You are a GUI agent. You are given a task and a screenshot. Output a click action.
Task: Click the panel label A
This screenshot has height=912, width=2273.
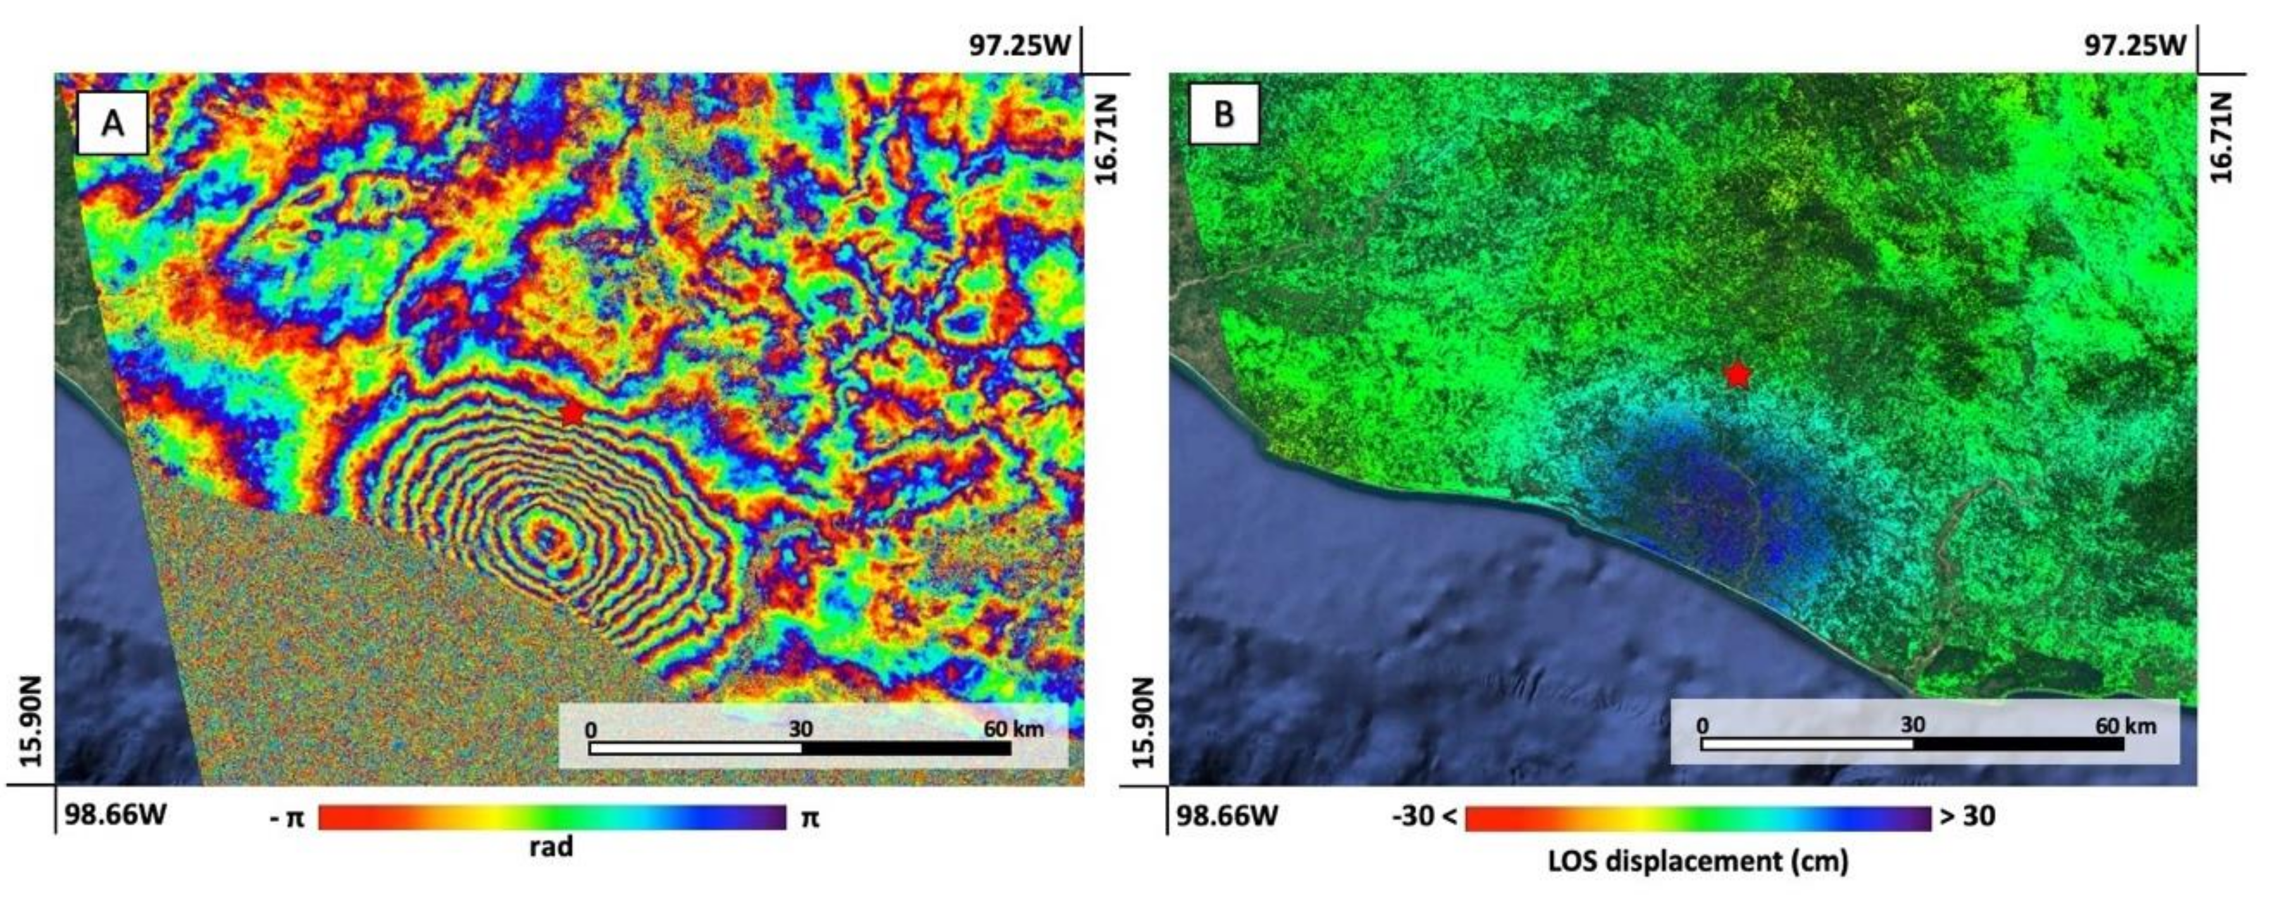coord(112,123)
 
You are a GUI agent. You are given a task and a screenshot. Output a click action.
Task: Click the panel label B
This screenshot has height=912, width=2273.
coord(1224,115)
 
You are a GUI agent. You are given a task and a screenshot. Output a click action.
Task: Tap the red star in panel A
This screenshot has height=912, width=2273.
coord(572,411)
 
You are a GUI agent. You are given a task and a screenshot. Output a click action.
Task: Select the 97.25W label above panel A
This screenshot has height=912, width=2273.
coord(1019,44)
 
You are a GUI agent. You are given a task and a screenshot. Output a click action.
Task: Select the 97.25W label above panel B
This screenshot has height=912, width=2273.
coord(2134,44)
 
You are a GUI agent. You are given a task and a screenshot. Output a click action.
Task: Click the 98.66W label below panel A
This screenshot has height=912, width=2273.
coord(115,813)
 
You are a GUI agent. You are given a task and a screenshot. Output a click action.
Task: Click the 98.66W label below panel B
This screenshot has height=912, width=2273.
coord(1226,814)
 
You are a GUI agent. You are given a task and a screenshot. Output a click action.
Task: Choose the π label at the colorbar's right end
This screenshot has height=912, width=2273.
coord(809,818)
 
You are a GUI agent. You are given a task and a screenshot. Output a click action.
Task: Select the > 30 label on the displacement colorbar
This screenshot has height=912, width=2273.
coord(1967,816)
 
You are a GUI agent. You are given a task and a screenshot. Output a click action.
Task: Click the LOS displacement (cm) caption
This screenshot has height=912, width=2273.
coord(1698,861)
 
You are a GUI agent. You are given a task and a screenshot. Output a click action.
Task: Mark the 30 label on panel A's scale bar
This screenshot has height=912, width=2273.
coord(800,728)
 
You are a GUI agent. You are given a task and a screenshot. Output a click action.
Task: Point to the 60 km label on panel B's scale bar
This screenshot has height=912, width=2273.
coord(2126,726)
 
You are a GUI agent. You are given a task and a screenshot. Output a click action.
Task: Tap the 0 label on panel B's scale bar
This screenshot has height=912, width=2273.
coord(1702,726)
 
